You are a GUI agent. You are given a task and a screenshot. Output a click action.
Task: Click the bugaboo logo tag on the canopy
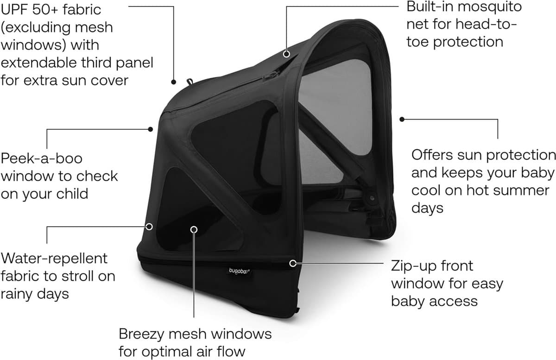coord(239,271)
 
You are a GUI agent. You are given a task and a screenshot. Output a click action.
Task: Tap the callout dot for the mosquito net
coord(286,54)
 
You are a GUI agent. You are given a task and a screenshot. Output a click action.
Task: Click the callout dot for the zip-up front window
coord(293,263)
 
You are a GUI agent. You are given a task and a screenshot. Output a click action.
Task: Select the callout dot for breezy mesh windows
coord(194,229)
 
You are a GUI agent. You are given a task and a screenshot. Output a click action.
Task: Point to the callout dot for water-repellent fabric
coord(149,227)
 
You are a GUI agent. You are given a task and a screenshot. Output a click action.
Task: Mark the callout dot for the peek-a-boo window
coord(151,129)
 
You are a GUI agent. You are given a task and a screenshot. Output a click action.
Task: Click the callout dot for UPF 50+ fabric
coord(173,82)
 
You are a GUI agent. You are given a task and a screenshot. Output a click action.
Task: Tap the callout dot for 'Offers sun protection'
coord(402,120)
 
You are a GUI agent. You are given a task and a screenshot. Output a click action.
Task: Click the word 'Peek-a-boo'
coord(41,158)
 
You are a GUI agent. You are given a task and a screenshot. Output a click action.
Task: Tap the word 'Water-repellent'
coord(54,259)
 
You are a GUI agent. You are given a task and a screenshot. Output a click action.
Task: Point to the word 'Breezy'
coord(141,334)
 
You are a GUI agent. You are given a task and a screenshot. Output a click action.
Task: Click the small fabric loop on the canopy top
coord(190,81)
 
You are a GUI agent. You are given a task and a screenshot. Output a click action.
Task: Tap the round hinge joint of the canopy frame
coord(372,198)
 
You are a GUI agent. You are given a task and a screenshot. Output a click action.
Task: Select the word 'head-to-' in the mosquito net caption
coord(486,25)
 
